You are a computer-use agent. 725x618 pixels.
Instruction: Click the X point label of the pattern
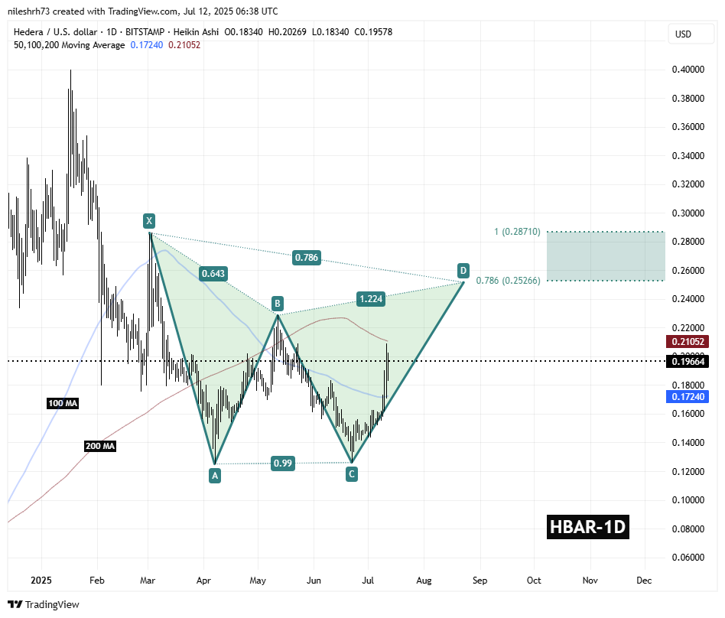[x=149, y=221]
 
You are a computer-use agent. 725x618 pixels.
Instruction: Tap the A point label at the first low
[x=215, y=475]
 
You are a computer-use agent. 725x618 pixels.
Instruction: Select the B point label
[x=278, y=302]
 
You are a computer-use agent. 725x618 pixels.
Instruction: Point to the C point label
[x=351, y=474]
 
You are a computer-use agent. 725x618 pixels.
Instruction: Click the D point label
[x=463, y=270]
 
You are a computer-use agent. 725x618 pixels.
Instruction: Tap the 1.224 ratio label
[x=369, y=299]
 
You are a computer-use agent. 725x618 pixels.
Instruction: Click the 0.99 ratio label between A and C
[x=283, y=463]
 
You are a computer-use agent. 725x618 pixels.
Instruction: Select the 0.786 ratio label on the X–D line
[x=307, y=259]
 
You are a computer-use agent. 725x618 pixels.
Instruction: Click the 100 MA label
[x=62, y=403]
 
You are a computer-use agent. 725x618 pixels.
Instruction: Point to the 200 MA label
[x=99, y=446]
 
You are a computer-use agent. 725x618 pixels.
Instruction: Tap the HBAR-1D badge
[x=588, y=527]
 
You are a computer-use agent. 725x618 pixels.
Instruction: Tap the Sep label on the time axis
[x=479, y=581]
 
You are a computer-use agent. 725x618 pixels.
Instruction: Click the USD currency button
[x=682, y=34]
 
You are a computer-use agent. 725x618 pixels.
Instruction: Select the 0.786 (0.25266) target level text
[x=508, y=281]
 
